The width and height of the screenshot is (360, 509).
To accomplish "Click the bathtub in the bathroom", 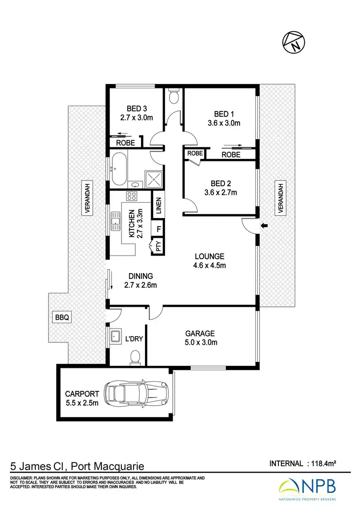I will pos(120,169).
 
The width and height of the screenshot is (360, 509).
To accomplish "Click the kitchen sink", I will pos(115,222).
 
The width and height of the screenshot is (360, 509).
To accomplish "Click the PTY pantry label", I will pos(158,247).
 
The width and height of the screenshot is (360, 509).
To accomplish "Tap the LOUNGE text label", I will pos(209,256).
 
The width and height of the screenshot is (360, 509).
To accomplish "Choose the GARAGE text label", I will pos(201,333).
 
